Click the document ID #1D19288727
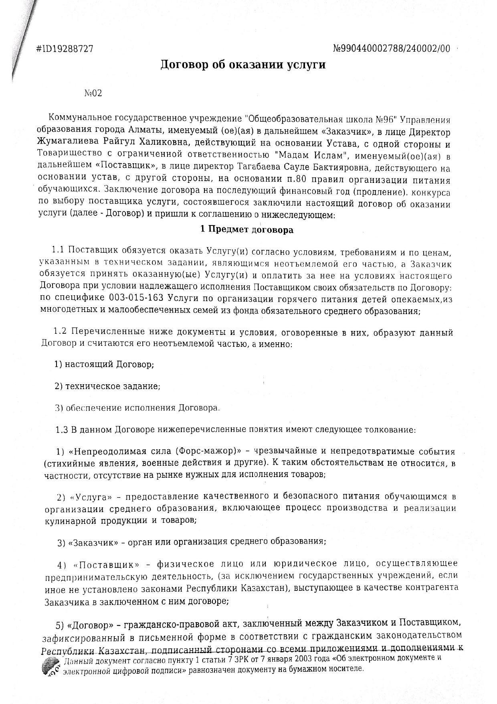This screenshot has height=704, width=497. coord(65,49)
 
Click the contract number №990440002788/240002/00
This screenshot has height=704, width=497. coord(392,49)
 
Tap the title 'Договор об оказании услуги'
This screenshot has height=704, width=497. coord(243,65)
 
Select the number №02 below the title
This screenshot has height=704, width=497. coord(93,93)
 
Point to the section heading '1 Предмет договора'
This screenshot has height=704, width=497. coord(246,230)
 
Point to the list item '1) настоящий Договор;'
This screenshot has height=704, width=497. coord(104,364)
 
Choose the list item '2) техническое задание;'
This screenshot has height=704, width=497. coord(107,386)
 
